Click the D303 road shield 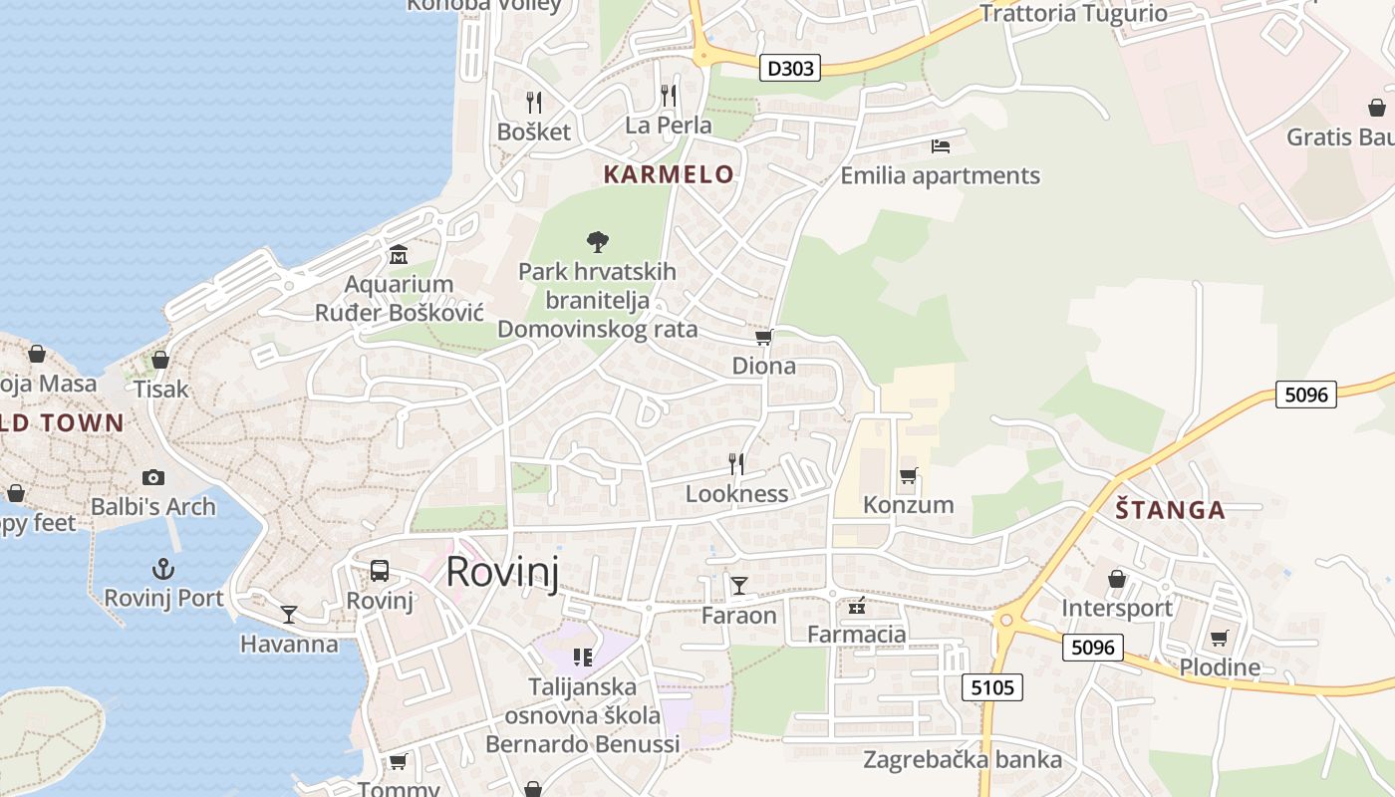click(789, 68)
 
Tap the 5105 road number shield click(992, 686)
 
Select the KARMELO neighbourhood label click(669, 174)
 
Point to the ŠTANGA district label click(1170, 510)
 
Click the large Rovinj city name click(501, 572)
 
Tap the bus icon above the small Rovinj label click(380, 571)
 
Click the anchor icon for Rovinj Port click(162, 569)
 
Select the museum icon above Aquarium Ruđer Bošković click(399, 254)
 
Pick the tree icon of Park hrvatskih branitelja click(598, 241)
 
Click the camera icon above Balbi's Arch click(152, 477)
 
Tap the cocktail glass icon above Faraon click(738, 585)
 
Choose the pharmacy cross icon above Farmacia click(857, 605)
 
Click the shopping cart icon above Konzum click(908, 475)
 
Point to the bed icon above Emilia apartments click(940, 146)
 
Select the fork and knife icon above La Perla click(669, 96)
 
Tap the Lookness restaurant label click(736, 494)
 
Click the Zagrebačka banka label click(962, 760)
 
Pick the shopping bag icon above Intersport click(1117, 579)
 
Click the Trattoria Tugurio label click(1073, 13)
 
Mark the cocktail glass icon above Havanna click(289, 614)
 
